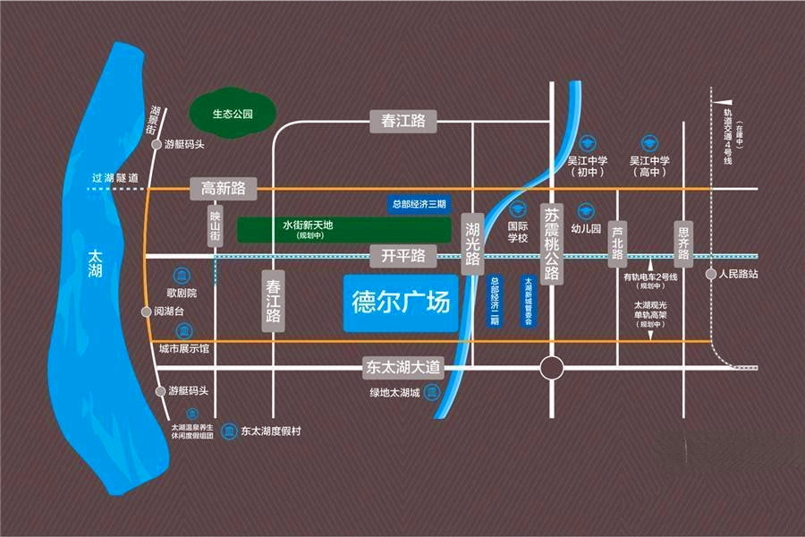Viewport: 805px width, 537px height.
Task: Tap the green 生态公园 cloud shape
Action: point(233,115)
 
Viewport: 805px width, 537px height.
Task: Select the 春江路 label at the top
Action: point(402,121)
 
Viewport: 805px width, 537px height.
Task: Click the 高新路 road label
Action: point(224,188)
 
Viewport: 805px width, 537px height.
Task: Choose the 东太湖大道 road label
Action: point(403,367)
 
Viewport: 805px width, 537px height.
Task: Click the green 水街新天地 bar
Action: point(344,230)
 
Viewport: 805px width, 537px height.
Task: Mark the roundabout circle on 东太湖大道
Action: point(552,367)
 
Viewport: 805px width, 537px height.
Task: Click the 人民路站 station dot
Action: point(710,275)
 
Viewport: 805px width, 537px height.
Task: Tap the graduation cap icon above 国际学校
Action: point(518,209)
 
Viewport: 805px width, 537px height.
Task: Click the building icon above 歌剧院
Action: point(182,274)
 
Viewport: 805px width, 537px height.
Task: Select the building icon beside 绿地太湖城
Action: point(433,391)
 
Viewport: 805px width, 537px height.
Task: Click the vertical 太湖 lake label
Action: point(96,265)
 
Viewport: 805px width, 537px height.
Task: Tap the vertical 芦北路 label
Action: point(616,243)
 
